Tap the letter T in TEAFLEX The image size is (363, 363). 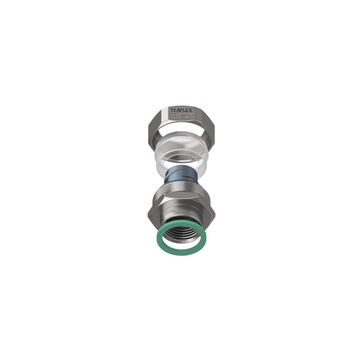(172, 110)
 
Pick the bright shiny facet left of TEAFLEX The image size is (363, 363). (161, 117)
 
